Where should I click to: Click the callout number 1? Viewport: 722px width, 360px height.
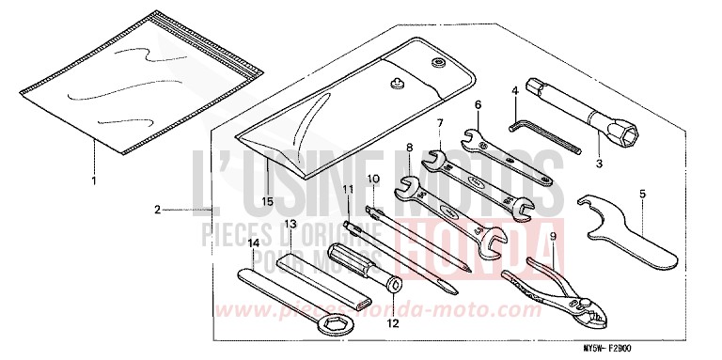pos(93,179)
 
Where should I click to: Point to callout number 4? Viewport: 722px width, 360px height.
pos(515,91)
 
